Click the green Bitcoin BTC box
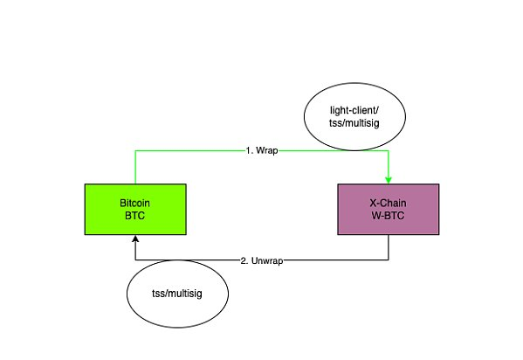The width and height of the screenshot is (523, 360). click(x=135, y=209)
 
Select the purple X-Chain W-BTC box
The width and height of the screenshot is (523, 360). click(x=389, y=209)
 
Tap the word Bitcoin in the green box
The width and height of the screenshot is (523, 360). click(x=134, y=203)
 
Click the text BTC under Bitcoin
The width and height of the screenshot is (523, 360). click(x=134, y=216)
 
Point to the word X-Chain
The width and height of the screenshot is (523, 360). click(x=388, y=203)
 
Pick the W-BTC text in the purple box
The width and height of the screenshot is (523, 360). click(x=388, y=216)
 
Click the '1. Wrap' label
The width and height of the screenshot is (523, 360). click(x=262, y=150)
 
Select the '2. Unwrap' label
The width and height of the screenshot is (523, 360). click(x=262, y=260)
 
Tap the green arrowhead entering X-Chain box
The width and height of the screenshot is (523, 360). click(x=389, y=180)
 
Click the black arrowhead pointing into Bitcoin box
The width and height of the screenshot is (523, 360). click(x=135, y=239)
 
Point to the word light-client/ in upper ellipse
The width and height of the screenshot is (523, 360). click(x=354, y=110)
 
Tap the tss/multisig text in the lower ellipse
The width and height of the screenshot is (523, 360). click(x=177, y=294)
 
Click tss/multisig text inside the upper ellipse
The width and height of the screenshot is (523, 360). click(x=354, y=123)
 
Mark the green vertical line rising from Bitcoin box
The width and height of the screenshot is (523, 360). click(x=135, y=167)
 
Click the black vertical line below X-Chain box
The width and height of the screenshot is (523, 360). click(x=389, y=247)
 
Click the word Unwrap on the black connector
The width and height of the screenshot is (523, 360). click(x=267, y=260)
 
